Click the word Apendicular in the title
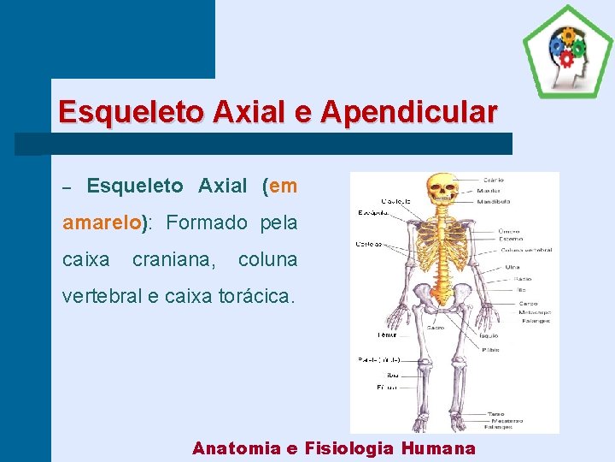coord(410,112)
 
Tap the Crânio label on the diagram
coord(493,180)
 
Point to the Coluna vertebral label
coord(526,250)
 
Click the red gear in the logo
coord(565,58)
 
